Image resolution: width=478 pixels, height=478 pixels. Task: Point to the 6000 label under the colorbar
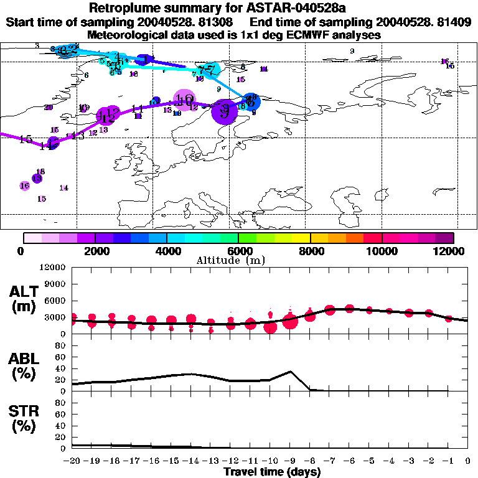[238, 251]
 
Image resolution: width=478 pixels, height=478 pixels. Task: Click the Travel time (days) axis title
[272, 472]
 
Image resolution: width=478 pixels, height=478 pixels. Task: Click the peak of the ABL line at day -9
[290, 372]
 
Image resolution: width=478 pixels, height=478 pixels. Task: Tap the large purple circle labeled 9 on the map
[224, 113]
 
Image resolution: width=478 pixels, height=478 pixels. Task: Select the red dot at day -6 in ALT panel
[350, 308]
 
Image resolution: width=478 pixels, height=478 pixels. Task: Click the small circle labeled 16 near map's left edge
[24, 185]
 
